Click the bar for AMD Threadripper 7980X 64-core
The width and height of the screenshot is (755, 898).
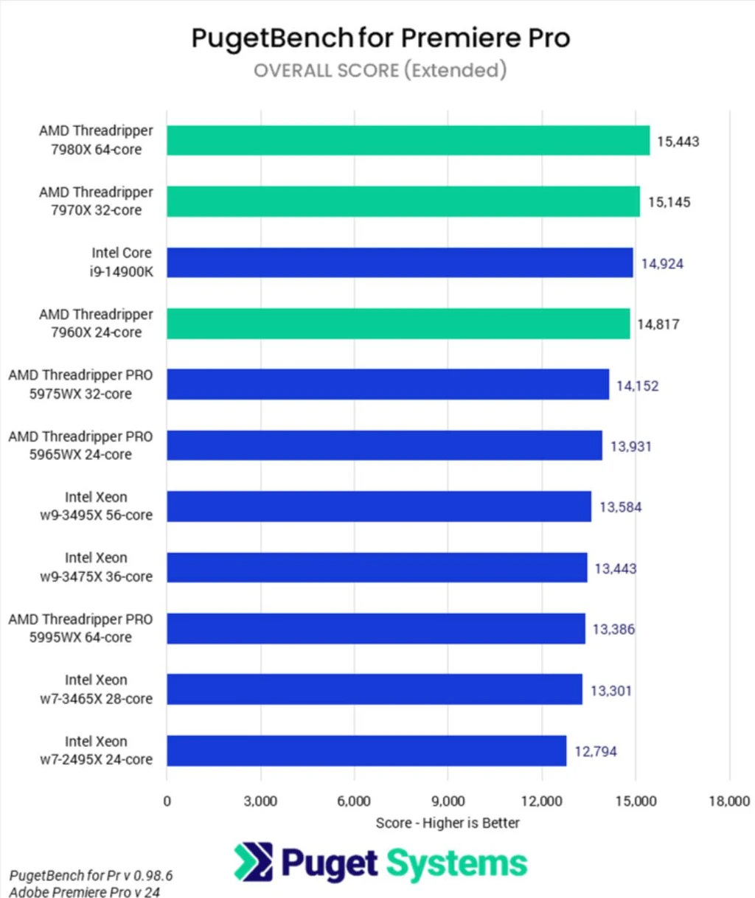point(408,140)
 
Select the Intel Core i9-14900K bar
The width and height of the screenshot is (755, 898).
point(399,262)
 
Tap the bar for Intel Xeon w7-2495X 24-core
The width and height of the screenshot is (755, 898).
point(366,751)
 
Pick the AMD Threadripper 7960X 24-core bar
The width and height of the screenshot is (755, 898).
point(398,323)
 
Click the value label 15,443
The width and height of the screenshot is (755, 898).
point(678,142)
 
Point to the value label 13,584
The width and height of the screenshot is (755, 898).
point(620,507)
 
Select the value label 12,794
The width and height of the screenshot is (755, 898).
point(596,751)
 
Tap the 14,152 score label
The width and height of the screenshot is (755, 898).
point(637,386)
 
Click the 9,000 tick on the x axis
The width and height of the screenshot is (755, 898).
point(448,801)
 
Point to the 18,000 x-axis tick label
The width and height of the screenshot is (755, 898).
point(728,801)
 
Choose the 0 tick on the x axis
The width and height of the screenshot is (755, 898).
point(167,801)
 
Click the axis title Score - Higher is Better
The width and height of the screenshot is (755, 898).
point(448,823)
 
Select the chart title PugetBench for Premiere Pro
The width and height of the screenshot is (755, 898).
point(380,38)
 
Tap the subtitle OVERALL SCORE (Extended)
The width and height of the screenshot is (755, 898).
point(380,70)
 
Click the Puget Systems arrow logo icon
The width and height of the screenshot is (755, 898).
point(254,863)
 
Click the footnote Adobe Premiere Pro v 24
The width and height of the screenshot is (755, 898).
point(84,891)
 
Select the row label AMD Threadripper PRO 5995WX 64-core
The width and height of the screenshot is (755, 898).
point(80,628)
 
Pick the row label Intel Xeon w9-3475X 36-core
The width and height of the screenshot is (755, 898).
point(96,567)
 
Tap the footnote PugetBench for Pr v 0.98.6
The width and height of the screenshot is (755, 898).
point(91,875)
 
